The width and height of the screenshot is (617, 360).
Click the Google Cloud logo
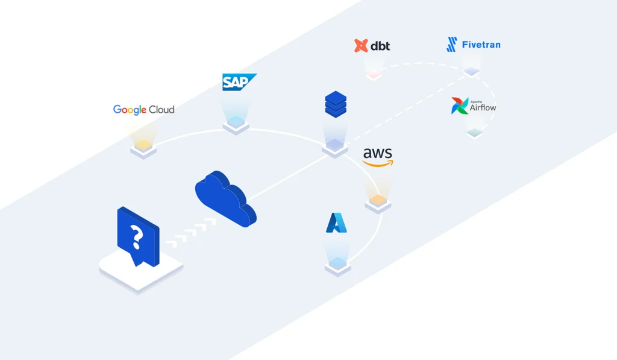pyautogui.click(x=143, y=110)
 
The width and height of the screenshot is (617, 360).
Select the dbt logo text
pyautogui.click(x=380, y=46)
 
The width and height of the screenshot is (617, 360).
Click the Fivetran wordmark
pyautogui.click(x=481, y=45)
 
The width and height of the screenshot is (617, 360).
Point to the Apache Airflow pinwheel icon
pyautogui.click(x=460, y=106)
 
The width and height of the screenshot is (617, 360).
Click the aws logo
pyautogui.click(x=378, y=157)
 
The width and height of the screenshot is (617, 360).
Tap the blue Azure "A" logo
pyautogui.click(x=336, y=223)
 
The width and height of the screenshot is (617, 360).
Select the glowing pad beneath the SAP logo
pyautogui.click(x=236, y=124)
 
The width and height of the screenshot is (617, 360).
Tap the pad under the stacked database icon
pyautogui.click(x=334, y=145)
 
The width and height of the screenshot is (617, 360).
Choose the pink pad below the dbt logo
pyautogui.click(x=373, y=75)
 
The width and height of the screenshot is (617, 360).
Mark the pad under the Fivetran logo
pyautogui.click(x=472, y=72)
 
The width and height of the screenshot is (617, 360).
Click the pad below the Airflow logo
pyautogui.click(x=474, y=133)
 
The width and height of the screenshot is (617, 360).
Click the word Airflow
pyautogui.click(x=484, y=108)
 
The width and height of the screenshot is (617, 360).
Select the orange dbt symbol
pyautogui.click(x=361, y=46)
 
